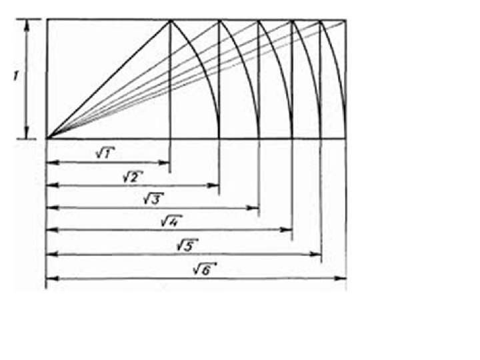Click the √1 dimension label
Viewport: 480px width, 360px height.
pos(103,153)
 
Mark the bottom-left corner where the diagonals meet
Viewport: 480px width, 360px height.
pos(47,138)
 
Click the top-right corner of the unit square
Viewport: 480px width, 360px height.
pos(171,20)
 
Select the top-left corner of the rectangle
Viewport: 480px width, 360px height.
pos(47,20)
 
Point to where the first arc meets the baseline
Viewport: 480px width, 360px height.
pos(219,137)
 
